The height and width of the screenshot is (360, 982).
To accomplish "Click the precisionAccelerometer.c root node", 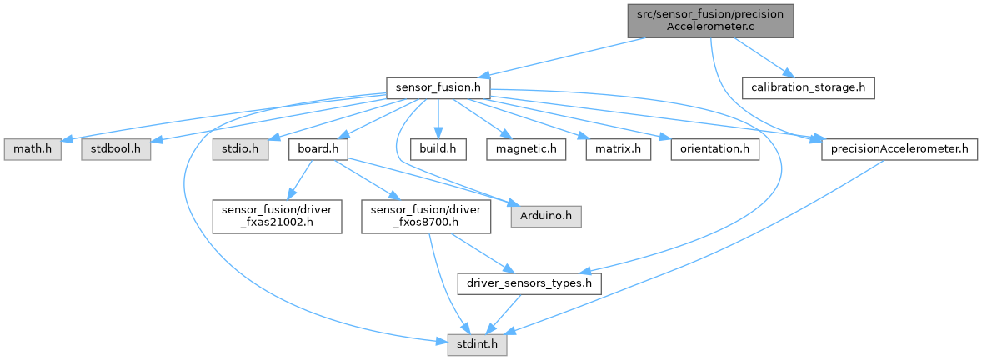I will coord(709,19).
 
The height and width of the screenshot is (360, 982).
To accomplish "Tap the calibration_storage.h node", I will coord(809,87).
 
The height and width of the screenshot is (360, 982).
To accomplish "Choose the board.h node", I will coord(317,149).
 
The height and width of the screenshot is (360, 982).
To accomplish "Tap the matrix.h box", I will coord(618,149).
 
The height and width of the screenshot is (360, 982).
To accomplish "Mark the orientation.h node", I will coord(715,149).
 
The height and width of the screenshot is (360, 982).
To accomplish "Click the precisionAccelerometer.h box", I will coord(899,149).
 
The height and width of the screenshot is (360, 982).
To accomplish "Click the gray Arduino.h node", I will coord(546,217).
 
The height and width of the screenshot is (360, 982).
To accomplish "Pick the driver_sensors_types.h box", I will coord(529,283).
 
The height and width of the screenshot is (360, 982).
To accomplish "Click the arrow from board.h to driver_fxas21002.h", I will coord(298,180).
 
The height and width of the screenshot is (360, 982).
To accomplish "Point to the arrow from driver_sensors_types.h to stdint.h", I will coord(504,313).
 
